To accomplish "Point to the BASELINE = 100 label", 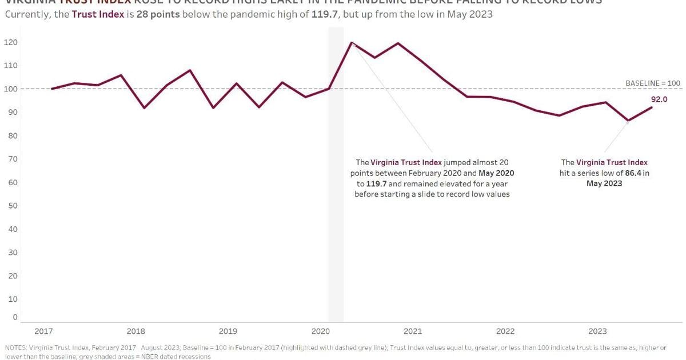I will tap(653, 83).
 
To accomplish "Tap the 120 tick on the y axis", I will tap(11, 42).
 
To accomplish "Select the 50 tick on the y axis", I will tap(11, 206).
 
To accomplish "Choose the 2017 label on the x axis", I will tap(43, 331).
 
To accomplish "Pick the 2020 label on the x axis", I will tap(320, 331).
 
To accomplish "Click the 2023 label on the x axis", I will tap(597, 331).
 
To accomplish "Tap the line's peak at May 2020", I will tap(352, 42).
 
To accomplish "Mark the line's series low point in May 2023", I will tap(628, 121).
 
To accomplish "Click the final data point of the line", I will tap(652, 107).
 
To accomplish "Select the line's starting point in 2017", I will tap(52, 89).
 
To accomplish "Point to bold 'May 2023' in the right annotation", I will tap(604, 183).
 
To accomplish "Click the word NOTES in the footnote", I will tap(15, 347).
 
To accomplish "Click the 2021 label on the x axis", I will tap(413, 331).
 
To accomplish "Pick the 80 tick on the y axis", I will tap(11, 136).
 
